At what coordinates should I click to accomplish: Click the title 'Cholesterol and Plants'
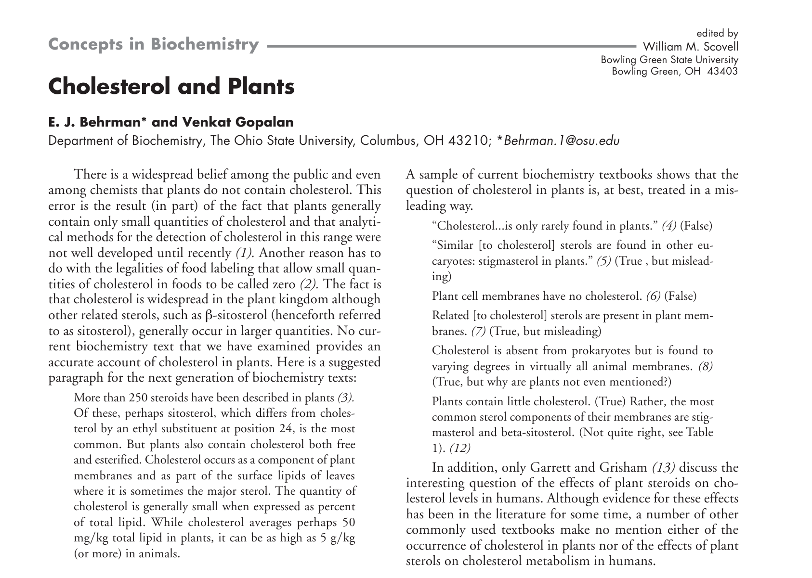(x=171, y=87)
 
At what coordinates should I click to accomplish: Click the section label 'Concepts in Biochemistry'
(x=154, y=44)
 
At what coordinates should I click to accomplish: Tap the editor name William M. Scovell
(x=690, y=47)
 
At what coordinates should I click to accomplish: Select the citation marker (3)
(x=345, y=398)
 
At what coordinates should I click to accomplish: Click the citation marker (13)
(x=663, y=467)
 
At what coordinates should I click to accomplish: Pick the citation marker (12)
(x=459, y=448)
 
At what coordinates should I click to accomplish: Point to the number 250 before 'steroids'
(x=138, y=398)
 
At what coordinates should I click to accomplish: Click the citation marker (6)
(x=653, y=295)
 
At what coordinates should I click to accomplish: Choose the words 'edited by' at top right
(x=717, y=33)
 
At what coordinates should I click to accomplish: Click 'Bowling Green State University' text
(x=669, y=60)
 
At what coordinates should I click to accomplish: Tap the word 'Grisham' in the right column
(x=623, y=467)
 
